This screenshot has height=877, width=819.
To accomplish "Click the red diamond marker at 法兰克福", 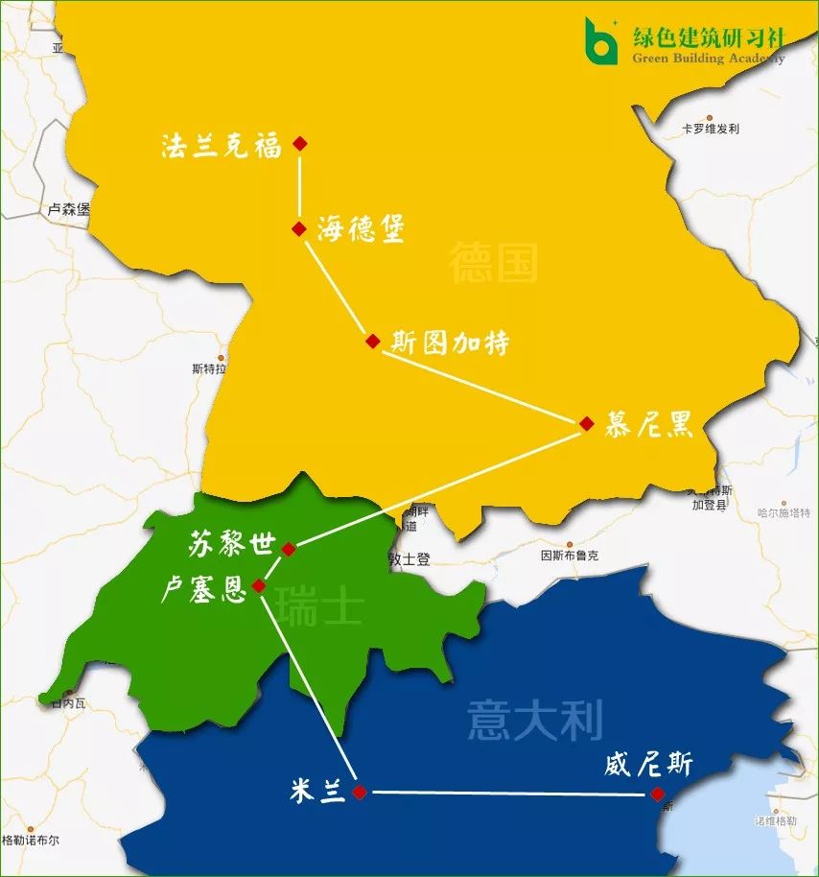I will pyautogui.click(x=300, y=143).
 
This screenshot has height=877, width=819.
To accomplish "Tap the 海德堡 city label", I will pyautogui.click(x=361, y=229).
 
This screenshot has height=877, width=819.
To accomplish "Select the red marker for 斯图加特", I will pyautogui.click(x=373, y=341).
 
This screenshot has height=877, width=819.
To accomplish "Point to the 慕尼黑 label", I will pyautogui.click(x=648, y=425).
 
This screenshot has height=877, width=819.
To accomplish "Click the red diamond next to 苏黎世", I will pyautogui.click(x=289, y=549).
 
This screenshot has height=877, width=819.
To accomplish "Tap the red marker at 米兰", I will pyautogui.click(x=359, y=792).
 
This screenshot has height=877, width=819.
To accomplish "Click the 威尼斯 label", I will pyautogui.click(x=648, y=765).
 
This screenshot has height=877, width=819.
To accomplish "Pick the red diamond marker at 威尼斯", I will pyautogui.click(x=657, y=794).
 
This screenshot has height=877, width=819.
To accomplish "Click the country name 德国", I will pyautogui.click(x=493, y=262).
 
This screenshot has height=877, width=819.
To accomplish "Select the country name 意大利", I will pyautogui.click(x=534, y=721).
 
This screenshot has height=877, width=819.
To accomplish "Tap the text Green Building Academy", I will pyautogui.click(x=708, y=58).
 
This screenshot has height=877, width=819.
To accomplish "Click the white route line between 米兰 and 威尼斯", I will pyautogui.click(x=508, y=793).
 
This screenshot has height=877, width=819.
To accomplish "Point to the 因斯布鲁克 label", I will pyautogui.click(x=570, y=556).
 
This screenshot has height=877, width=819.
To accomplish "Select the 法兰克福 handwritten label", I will pyautogui.click(x=222, y=146).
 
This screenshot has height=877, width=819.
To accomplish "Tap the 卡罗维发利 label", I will pyautogui.click(x=710, y=129).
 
